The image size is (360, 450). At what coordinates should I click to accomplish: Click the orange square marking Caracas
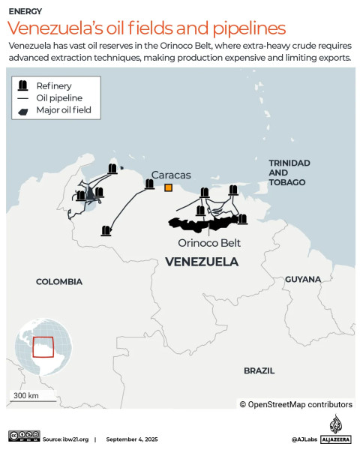(x=169, y=187)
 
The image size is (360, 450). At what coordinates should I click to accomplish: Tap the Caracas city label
(x=171, y=174)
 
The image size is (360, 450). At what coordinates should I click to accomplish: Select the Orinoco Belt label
(x=209, y=243)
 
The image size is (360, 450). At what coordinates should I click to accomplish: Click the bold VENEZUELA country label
(x=201, y=262)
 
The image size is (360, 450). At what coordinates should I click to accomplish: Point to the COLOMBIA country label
(x=59, y=281)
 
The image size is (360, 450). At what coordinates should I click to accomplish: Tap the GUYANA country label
(x=302, y=279)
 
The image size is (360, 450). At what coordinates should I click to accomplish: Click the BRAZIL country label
(x=259, y=370)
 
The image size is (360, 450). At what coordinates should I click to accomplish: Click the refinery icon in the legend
(x=23, y=85)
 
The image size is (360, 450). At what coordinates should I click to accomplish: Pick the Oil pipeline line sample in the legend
(x=23, y=98)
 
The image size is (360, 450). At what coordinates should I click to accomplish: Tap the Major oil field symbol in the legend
(x=23, y=112)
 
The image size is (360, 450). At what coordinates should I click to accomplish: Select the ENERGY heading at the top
(x=25, y=12)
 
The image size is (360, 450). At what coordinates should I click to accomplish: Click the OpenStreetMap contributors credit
(x=295, y=404)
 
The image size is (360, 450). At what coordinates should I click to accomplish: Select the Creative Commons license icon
(x=24, y=436)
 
